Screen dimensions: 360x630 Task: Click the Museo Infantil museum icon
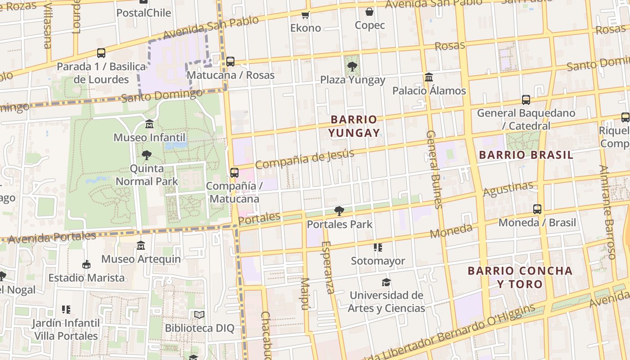pyautogui.click(x=149, y=124)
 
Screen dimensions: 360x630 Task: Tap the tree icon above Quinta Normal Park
pyautogui.click(x=146, y=155)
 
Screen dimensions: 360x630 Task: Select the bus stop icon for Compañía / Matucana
pyautogui.click(x=234, y=172)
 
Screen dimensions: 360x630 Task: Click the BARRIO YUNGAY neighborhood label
pyautogui.click(x=354, y=126)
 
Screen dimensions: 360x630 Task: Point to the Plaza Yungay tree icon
pyautogui.click(x=352, y=67)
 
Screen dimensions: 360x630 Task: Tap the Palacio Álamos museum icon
pyautogui.click(x=429, y=77)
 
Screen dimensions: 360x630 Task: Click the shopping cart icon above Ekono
pyautogui.click(x=306, y=15)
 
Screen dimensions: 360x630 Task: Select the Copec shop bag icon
pyautogui.click(x=369, y=12)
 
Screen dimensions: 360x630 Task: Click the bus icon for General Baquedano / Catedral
pyautogui.click(x=526, y=99)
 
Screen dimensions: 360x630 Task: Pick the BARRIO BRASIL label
pyautogui.click(x=526, y=155)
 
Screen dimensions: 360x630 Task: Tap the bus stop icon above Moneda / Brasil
pyautogui.click(x=537, y=209)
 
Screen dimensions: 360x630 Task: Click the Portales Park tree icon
pyautogui.click(x=339, y=211)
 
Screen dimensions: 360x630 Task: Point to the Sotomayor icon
pyautogui.click(x=378, y=247)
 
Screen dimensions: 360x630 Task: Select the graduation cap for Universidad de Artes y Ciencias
pyautogui.click(x=386, y=282)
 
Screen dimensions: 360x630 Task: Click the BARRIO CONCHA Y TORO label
pyautogui.click(x=520, y=277)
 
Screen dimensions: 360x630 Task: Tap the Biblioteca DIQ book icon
pyautogui.click(x=199, y=315)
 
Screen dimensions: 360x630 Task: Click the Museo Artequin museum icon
pyautogui.click(x=141, y=246)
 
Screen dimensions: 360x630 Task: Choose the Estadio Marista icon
pyautogui.click(x=86, y=264)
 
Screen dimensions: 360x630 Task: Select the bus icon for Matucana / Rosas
pyautogui.click(x=230, y=61)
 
